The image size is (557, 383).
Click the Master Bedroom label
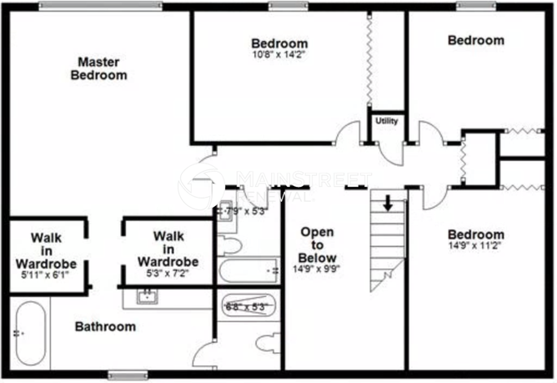(98, 68)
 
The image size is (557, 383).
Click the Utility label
(387, 121)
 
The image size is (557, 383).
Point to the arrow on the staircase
(389, 203)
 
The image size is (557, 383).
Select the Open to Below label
(317, 244)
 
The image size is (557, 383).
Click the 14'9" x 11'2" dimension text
(474, 247)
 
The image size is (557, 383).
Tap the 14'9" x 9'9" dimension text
(317, 270)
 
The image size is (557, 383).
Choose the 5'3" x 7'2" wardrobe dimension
(168, 273)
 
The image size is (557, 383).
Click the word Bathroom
(105, 326)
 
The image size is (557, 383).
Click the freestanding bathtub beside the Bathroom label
(30, 334)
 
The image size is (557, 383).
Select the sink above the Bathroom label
(147, 295)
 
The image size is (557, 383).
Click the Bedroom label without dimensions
(475, 40)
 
